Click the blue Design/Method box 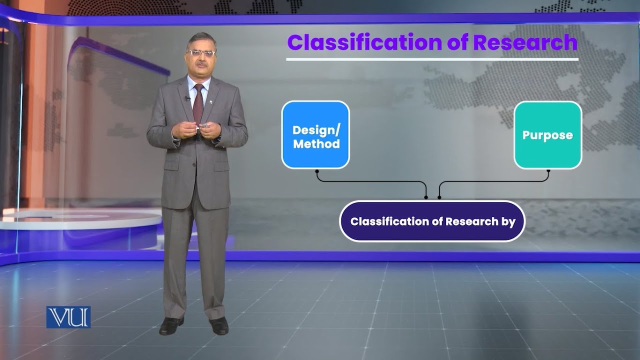(315, 135)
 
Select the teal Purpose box (547, 135)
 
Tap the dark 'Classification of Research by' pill (432, 221)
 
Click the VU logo (68, 317)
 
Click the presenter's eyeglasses (201, 52)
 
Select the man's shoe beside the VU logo (171, 326)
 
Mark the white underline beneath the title (432, 59)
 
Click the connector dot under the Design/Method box (317, 171)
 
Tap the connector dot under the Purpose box (548, 171)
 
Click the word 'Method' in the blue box (316, 144)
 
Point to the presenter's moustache (201, 64)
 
